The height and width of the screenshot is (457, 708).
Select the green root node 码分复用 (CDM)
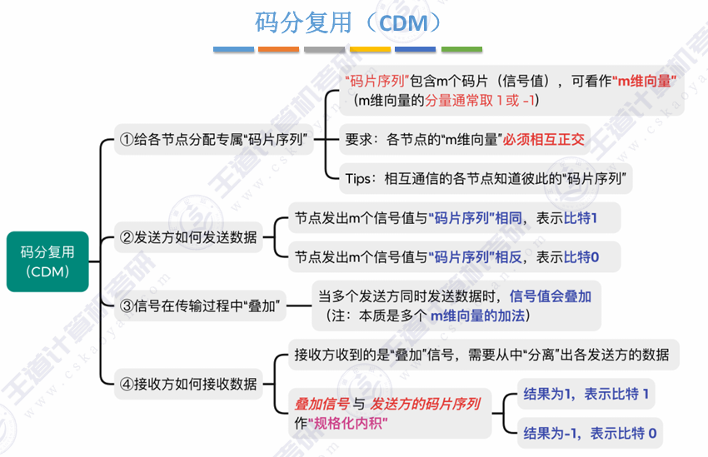tap(47, 261)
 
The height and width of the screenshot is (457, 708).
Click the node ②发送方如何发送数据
tap(188, 237)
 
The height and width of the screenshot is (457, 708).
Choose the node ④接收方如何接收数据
tap(188, 385)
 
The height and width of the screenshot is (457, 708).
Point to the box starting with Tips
tap(488, 177)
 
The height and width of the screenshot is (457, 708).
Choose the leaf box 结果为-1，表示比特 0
tap(588, 433)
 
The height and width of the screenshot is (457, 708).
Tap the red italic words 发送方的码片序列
tap(426, 405)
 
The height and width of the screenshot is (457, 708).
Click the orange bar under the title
tap(279, 50)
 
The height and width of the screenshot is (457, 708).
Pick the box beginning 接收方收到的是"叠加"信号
tap(481, 355)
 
